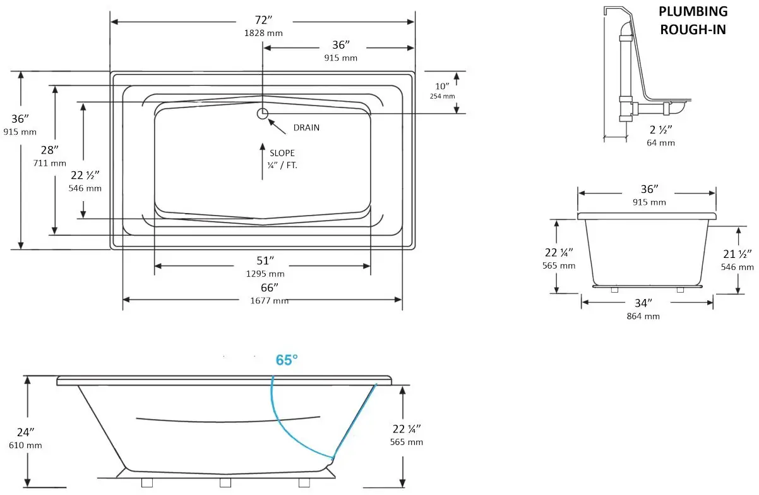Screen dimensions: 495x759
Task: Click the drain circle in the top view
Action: click(263, 113)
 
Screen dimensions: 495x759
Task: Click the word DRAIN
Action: click(306, 128)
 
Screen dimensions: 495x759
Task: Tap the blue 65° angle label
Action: click(287, 360)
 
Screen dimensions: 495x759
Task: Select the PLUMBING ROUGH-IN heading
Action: click(693, 20)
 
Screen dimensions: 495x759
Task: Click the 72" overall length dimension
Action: click(263, 21)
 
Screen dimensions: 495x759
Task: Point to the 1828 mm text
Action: click(263, 33)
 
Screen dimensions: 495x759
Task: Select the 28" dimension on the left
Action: click(49, 150)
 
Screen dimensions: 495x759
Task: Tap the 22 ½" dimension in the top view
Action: click(85, 176)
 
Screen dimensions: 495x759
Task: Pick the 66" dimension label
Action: click(270, 288)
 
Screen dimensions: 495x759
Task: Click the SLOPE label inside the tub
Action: click(282, 153)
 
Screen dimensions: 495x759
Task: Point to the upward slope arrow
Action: click(263, 161)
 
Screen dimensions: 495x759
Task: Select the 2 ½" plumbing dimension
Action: click(661, 130)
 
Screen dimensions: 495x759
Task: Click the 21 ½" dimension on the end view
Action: click(737, 254)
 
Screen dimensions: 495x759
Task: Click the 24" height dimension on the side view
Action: click(26, 433)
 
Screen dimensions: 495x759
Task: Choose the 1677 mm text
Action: click(270, 300)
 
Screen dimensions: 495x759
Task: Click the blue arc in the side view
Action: click(284, 424)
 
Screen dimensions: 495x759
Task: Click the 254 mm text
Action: click(443, 96)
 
